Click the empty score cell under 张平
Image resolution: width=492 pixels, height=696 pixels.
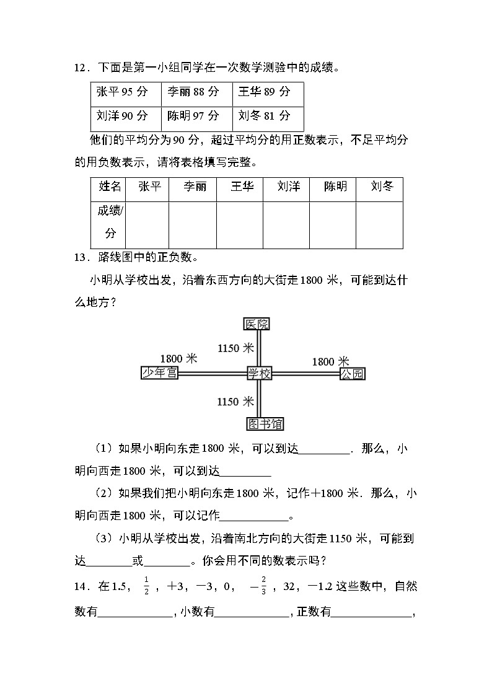click(x=146, y=224)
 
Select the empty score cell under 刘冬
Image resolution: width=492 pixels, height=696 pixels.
click(x=379, y=224)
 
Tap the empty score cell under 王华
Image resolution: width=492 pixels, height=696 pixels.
click(x=239, y=224)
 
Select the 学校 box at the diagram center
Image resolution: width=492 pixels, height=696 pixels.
click(x=260, y=372)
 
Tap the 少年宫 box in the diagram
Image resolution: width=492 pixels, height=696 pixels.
click(x=160, y=372)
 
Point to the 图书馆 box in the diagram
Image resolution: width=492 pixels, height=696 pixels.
click(x=265, y=423)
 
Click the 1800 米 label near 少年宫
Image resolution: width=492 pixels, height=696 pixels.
click(x=178, y=358)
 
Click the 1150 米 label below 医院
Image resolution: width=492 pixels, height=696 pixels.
click(x=237, y=348)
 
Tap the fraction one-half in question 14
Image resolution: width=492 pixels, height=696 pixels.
click(x=146, y=584)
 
